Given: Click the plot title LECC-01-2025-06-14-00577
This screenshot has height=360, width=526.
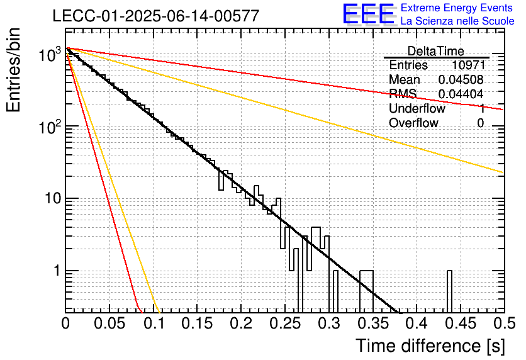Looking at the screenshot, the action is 156,16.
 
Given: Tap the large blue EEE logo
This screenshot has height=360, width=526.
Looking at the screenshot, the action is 368,14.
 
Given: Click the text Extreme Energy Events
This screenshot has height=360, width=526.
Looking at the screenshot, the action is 457,8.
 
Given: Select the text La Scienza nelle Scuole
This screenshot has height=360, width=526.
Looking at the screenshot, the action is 457,21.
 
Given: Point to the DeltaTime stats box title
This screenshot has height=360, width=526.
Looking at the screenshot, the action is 436,51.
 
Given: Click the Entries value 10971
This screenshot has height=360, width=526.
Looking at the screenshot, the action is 468,65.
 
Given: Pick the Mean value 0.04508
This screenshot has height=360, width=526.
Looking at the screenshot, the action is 461,79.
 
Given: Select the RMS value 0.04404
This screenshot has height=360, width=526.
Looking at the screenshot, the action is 461,94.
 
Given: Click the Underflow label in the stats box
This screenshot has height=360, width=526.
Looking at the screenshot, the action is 417,108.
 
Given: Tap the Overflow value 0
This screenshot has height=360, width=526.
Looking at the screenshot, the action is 480,123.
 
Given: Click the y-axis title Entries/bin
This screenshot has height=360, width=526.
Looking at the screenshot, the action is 13,70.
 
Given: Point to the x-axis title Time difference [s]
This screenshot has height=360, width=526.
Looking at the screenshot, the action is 430,346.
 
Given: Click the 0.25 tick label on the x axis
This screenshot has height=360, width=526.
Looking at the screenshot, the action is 284,323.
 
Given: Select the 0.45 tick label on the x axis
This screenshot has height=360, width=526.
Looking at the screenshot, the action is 461,323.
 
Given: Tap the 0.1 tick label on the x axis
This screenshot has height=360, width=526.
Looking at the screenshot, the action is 154,323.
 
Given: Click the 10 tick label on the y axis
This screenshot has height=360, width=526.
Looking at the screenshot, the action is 53,198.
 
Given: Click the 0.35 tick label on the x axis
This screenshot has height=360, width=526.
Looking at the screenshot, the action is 372,323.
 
